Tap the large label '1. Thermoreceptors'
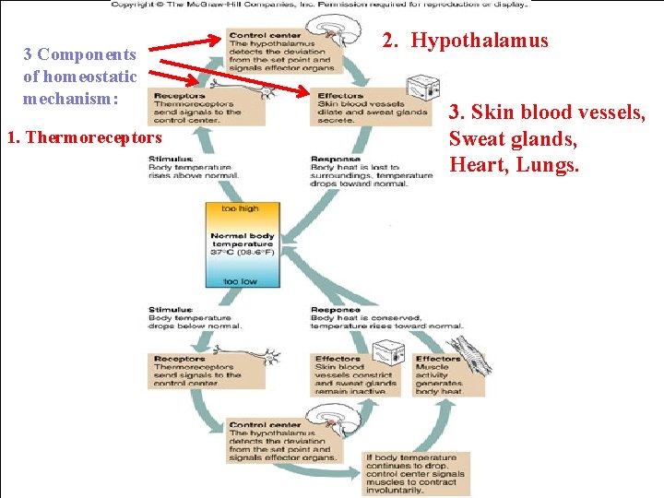(84, 138)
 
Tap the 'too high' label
(241, 208)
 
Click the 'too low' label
(241, 280)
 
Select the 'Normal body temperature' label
(242, 244)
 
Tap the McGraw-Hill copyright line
(319, 4)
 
